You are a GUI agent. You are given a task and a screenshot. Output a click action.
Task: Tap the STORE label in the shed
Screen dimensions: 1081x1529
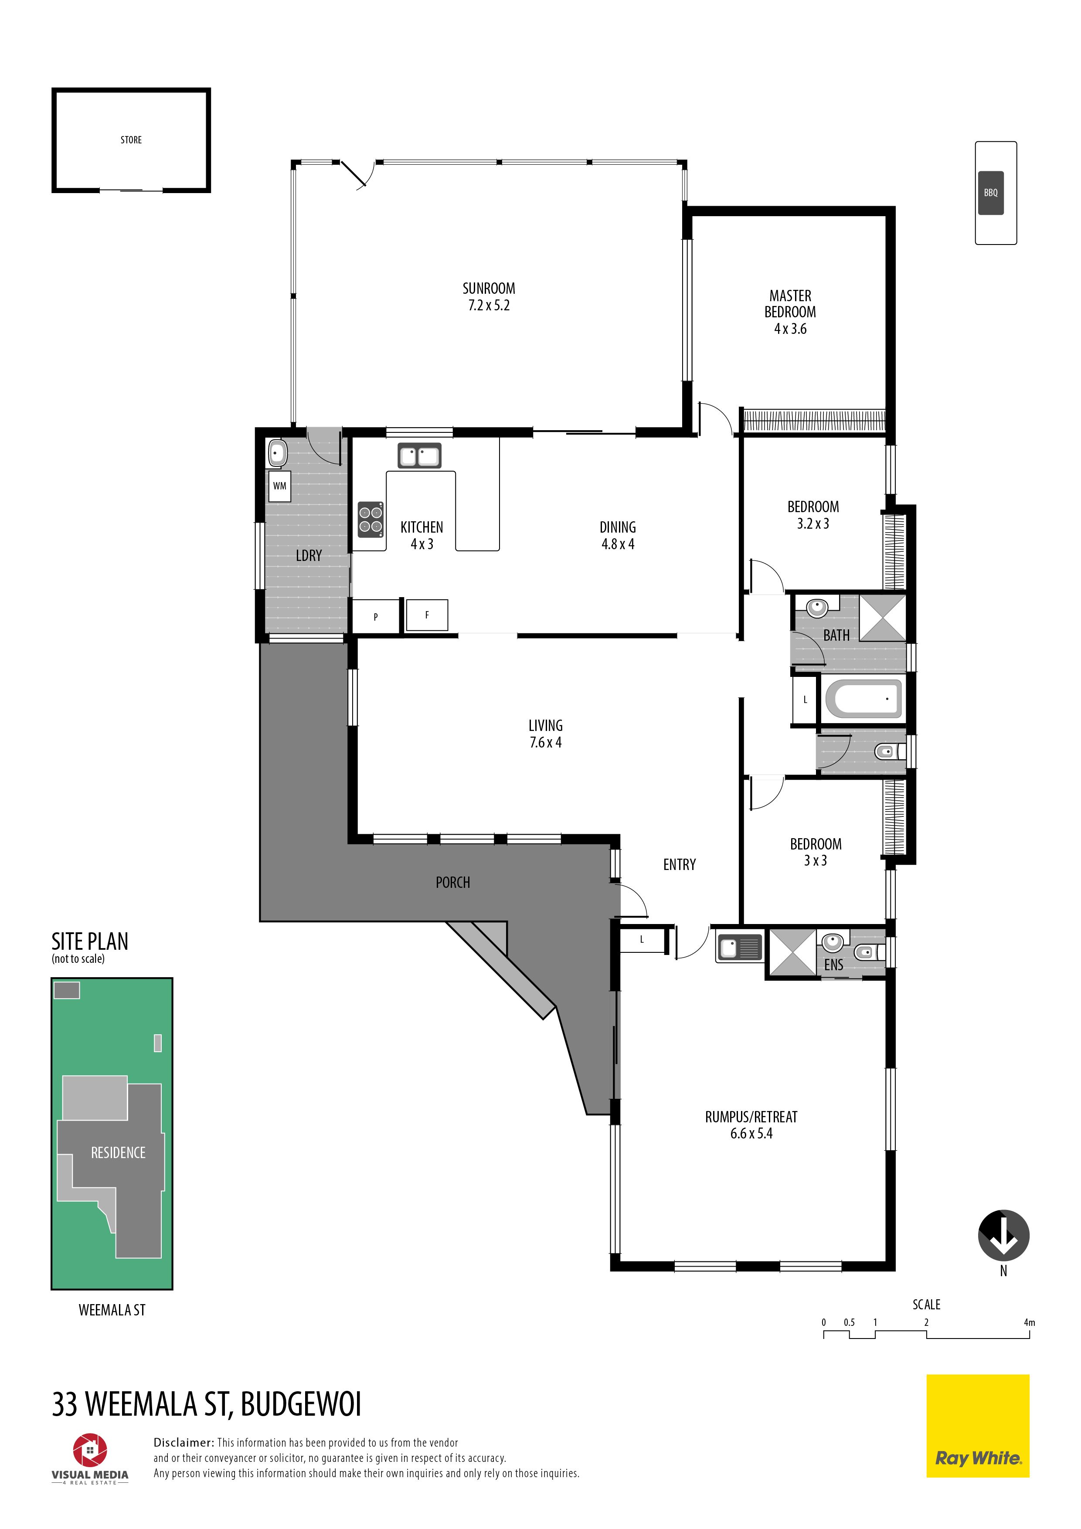pos(131,140)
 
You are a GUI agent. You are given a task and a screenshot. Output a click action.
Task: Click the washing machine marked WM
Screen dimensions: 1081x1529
pos(280,486)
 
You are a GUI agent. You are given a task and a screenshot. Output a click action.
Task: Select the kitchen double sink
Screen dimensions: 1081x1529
pos(420,455)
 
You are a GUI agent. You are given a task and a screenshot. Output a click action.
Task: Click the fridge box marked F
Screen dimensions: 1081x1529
pos(427,615)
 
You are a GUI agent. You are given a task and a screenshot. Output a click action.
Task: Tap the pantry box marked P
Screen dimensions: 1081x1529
pos(376,617)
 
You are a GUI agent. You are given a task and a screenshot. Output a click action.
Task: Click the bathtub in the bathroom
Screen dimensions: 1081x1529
pos(863,699)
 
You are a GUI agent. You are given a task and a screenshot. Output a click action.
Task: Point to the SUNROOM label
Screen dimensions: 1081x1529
pos(489,289)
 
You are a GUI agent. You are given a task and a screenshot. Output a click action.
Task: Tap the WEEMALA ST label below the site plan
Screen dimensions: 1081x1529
pos(112,1310)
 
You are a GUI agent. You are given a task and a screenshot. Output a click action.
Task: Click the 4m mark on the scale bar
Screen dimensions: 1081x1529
pos(1029,1322)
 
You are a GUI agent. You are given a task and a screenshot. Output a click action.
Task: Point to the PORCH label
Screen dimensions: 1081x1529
pos(453,882)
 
